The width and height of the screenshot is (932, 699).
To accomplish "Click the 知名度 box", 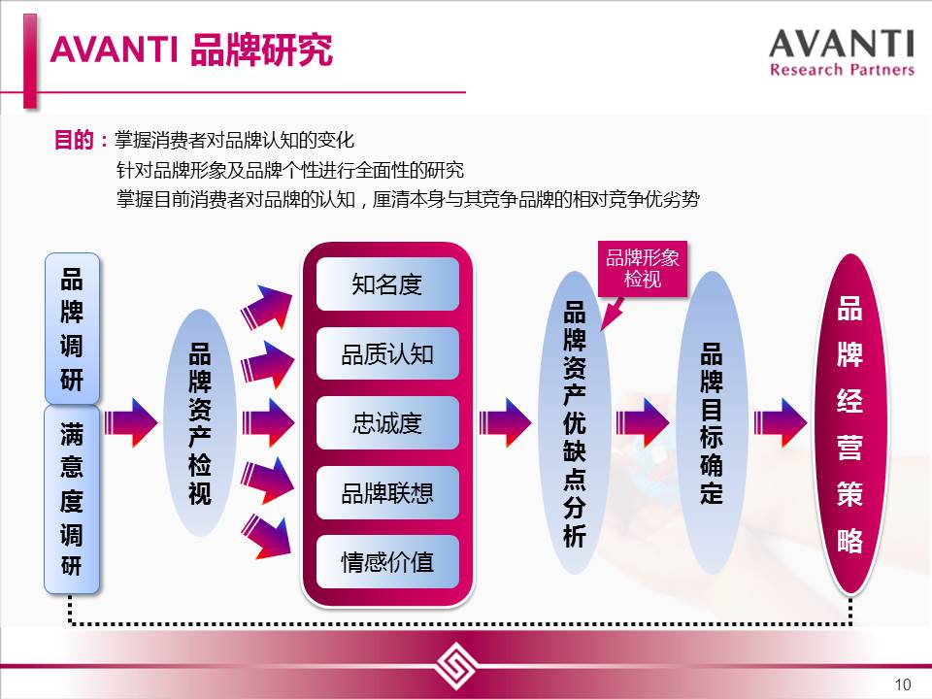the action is (387, 284).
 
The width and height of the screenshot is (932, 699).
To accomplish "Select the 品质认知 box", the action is (387, 353).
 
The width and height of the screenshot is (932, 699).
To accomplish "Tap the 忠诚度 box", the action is (387, 423).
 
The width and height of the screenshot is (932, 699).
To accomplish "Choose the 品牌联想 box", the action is (387, 493).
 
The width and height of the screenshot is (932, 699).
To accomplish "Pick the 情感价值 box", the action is (387, 562).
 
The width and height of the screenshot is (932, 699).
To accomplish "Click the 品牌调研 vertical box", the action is (72, 329).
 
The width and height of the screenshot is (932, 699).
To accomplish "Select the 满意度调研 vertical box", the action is (72, 499).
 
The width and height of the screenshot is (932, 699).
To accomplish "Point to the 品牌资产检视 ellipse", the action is (200, 422).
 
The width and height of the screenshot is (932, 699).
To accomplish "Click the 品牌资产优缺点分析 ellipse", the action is (574, 422).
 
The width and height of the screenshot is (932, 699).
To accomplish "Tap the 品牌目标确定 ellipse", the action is (712, 422).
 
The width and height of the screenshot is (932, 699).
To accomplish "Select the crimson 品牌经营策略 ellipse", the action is (850, 424).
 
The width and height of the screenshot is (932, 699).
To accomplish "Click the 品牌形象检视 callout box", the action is (643, 269).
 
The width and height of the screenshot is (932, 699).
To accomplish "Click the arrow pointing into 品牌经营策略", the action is (781, 422).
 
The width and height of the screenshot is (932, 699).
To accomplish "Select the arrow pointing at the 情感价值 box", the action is (266, 537).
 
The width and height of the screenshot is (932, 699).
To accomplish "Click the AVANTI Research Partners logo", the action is (842, 52).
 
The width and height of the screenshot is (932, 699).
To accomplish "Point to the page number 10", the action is (902, 684).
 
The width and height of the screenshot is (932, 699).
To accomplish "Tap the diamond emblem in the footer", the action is (455, 665).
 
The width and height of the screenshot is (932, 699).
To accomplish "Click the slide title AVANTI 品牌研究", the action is (191, 50).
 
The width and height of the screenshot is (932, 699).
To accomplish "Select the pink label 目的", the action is (74, 140).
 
